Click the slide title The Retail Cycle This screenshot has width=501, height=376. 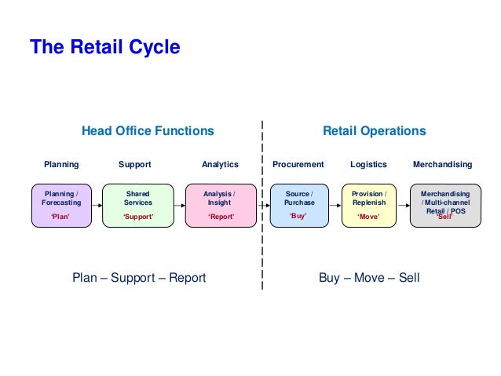click(104, 48)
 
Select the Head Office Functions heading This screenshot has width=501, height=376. click(148, 131)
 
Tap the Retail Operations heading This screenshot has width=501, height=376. click(375, 131)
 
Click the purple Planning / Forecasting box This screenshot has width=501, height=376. click(60, 205)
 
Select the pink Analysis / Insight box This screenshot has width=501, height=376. click(219, 205)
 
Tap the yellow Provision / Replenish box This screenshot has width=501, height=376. click(369, 205)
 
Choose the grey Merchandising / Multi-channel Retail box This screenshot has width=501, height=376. click(445, 205)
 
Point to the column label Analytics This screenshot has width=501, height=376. click(220, 165)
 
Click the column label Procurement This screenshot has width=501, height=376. click(298, 165)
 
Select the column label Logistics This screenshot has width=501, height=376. click(368, 165)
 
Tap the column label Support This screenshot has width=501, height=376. click(134, 165)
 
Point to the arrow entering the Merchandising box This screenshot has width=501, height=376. click(403, 206)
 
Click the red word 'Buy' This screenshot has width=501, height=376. click(298, 215)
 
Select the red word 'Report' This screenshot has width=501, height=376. click(221, 216)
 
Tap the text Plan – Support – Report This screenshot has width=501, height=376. click(139, 278)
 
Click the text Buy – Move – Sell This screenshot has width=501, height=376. click(369, 278)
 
